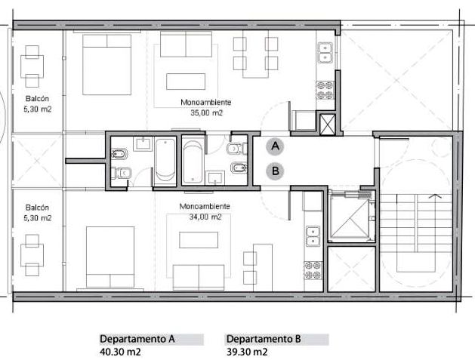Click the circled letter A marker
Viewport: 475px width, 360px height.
pyautogui.click(x=275, y=146)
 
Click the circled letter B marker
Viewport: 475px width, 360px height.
pyautogui.click(x=275, y=171)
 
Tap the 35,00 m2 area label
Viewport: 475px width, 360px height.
pyautogui.click(x=206, y=113)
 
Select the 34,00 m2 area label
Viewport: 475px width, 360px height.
pyautogui.click(x=205, y=217)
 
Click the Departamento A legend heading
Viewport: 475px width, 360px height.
pyautogui.click(x=137, y=339)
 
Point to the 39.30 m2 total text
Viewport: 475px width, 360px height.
pyautogui.click(x=247, y=352)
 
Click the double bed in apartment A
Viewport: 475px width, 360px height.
pyautogui.click(x=107, y=64)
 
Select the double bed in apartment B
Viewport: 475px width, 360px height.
pyautogui.click(x=110, y=257)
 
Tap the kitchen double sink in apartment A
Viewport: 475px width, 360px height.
pyautogui.click(x=325, y=52)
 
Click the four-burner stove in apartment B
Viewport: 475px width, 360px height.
pyautogui.click(x=313, y=271)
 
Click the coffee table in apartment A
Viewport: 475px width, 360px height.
pyautogui.click(x=186, y=82)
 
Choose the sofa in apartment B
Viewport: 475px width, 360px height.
pyautogui.click(x=199, y=277)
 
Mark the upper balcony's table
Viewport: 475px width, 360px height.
pyautogui.click(x=32, y=66)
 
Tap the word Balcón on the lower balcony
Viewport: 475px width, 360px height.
pyautogui.click(x=37, y=208)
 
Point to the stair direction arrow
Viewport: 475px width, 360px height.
pyautogui.click(x=435, y=196)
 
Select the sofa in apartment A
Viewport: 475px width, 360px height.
pyautogui.click(x=186, y=45)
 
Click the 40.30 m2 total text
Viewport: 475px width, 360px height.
pyautogui.click(x=120, y=352)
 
